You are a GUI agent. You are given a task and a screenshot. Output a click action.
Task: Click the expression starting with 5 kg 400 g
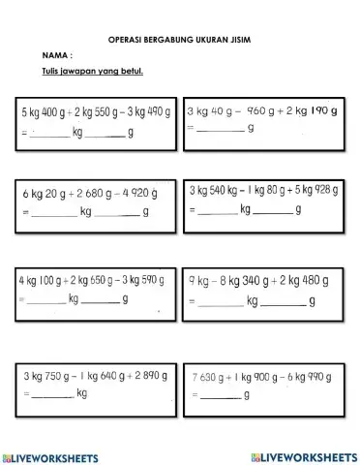pyautogui.click(x=95, y=113)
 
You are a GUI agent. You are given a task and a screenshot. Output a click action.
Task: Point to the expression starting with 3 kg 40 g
pyautogui.click(x=261, y=110)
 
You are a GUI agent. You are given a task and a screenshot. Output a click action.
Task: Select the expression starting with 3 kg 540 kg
pyautogui.click(x=263, y=189)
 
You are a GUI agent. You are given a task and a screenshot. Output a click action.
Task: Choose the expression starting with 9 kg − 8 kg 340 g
pyautogui.click(x=256, y=281)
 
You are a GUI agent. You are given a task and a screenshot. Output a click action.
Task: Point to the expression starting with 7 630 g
pyautogui.click(x=259, y=375)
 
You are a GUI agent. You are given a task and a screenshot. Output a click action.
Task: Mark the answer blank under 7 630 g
pyautogui.click(x=220, y=395)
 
